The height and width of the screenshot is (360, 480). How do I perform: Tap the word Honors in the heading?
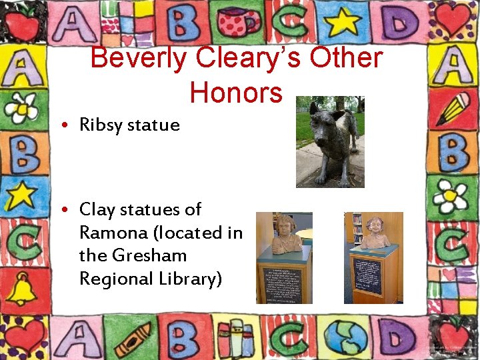(x=236, y=92)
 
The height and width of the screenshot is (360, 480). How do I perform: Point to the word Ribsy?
(x=101, y=125)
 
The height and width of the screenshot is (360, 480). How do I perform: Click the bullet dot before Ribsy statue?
(x=69, y=125)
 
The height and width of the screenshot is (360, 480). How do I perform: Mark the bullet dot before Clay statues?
(x=69, y=211)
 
